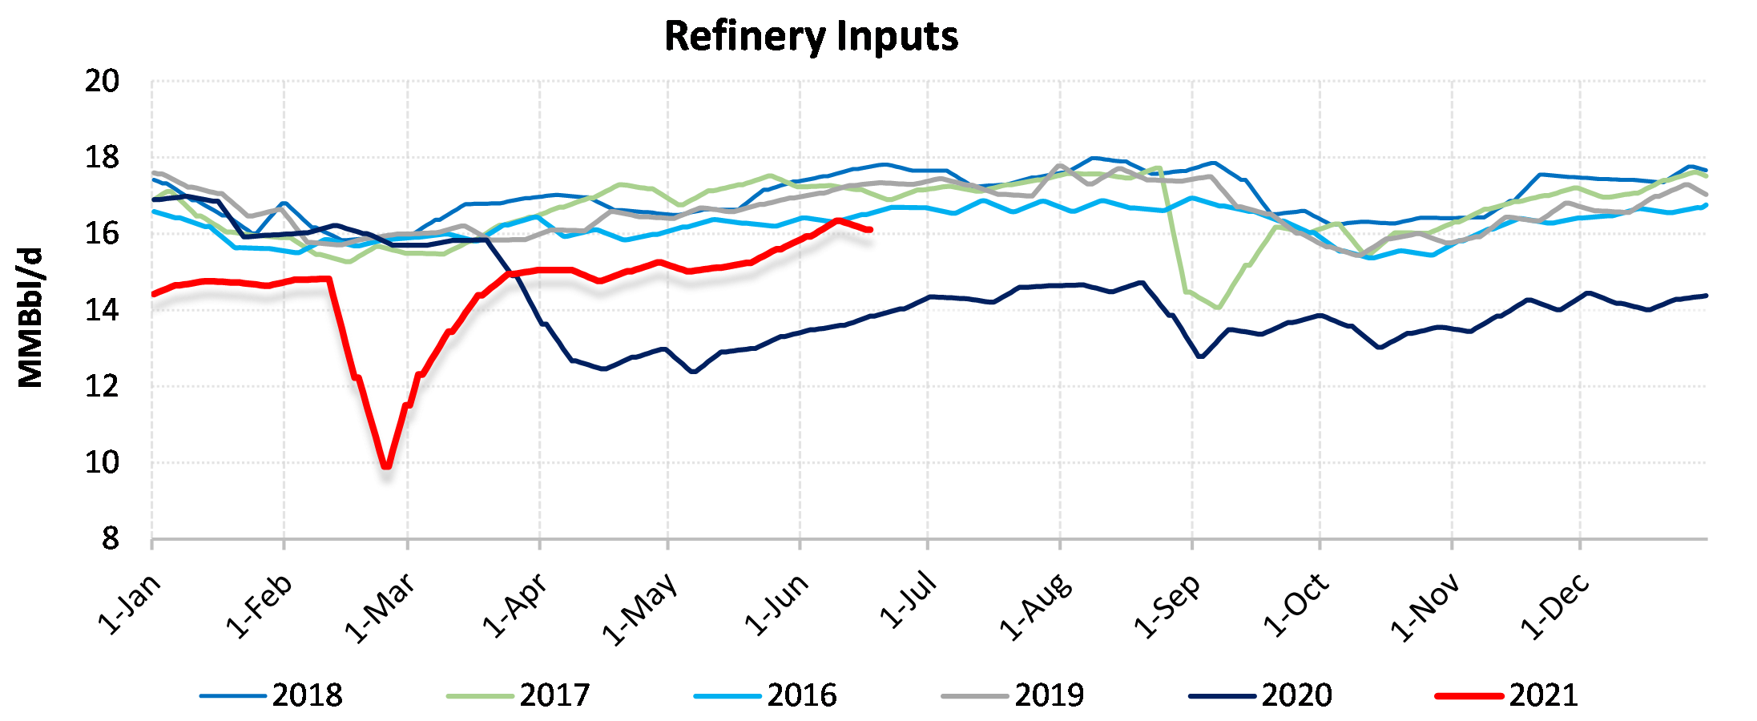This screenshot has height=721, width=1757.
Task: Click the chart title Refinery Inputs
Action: click(811, 37)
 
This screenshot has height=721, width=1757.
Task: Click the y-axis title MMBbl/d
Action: click(30, 318)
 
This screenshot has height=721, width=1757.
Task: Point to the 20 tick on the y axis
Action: click(102, 81)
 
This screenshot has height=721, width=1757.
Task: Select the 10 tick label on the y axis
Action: click(102, 462)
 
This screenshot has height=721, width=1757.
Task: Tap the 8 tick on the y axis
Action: click(110, 539)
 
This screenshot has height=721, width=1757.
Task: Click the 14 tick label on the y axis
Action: click(102, 310)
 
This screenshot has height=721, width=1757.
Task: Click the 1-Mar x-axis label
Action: click(380, 608)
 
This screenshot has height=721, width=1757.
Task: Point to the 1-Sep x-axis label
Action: click(1167, 606)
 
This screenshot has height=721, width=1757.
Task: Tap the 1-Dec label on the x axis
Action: click(1554, 606)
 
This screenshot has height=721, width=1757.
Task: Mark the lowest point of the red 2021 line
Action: click(387, 465)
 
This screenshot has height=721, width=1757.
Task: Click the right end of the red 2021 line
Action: click(870, 230)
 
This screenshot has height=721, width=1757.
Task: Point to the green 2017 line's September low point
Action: click(1218, 308)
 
